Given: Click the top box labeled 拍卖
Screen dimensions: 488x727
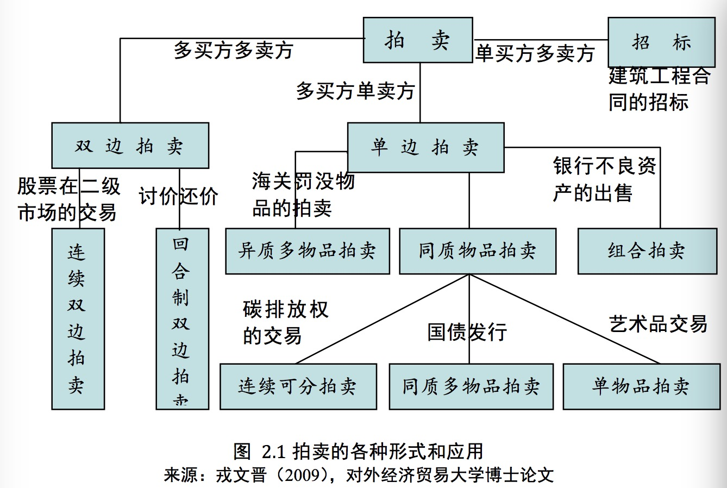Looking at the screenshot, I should [417, 40].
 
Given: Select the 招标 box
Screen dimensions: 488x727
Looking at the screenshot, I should [661, 42].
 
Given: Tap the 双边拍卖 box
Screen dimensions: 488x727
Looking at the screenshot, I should [130, 146].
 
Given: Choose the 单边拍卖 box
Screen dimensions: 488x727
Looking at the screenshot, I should [425, 147].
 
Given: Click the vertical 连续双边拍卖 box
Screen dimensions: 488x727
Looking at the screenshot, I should [78, 318].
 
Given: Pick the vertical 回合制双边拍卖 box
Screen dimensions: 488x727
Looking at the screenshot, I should [182, 318].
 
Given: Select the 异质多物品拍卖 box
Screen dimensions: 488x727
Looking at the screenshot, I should [307, 251].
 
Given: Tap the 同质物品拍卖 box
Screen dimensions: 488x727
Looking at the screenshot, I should [477, 251].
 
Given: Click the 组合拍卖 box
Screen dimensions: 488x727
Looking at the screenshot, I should [647, 251].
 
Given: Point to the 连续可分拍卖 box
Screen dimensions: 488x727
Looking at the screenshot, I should [298, 386].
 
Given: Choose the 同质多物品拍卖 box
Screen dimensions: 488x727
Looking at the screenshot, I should [471, 386].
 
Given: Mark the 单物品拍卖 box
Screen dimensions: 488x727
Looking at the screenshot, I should [641, 386].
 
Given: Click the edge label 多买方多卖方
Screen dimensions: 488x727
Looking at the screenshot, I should [233, 51].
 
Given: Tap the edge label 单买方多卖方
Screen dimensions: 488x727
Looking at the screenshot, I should [535, 53].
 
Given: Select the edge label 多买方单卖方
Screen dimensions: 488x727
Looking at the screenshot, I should [355, 91].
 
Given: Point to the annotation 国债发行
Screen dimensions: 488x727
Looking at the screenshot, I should [467, 331].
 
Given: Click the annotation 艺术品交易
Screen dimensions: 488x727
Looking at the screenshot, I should [658, 323].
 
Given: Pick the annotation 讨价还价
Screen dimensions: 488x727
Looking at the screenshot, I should [178, 196].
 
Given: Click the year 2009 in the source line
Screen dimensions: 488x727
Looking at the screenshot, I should [304, 475].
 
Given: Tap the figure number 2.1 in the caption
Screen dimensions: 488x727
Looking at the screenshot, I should [273, 451].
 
